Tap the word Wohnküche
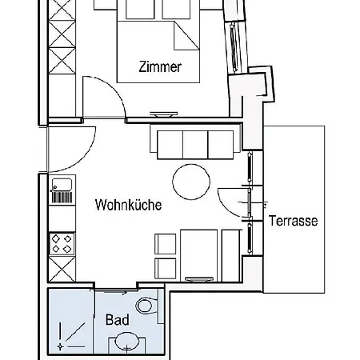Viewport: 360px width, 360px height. point(128,205)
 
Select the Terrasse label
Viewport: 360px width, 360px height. point(294,220)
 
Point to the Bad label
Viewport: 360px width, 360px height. point(117,319)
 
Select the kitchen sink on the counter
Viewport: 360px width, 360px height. point(61,191)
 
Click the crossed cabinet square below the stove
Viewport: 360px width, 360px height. point(62,270)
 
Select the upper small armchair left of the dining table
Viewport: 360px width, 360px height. point(165,242)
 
